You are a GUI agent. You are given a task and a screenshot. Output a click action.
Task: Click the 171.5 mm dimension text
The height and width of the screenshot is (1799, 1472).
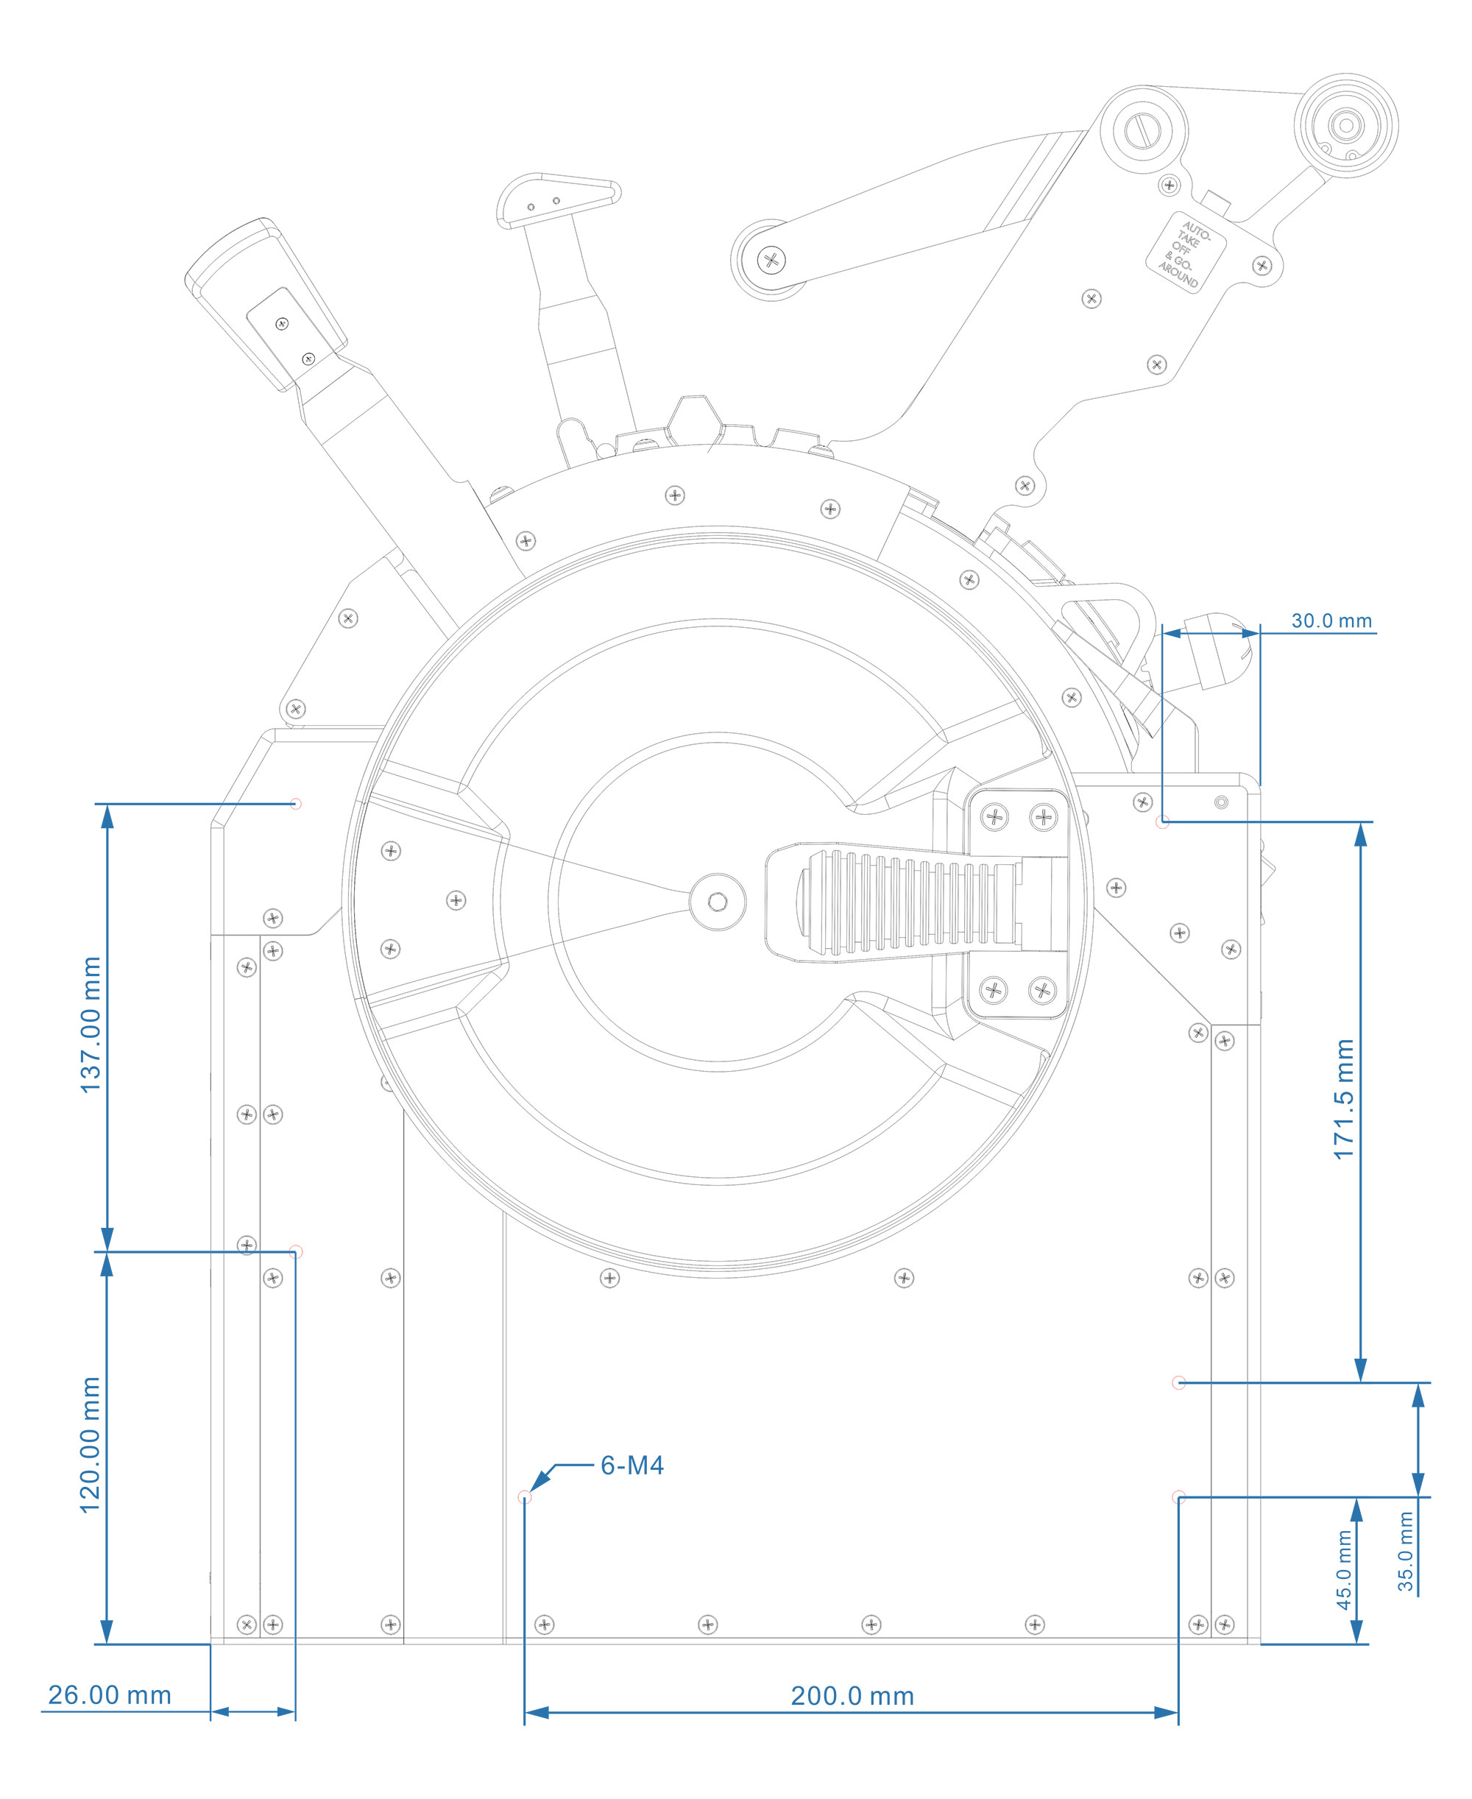1344,1099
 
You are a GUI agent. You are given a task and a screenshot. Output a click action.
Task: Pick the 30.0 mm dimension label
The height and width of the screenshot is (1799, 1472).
1331,621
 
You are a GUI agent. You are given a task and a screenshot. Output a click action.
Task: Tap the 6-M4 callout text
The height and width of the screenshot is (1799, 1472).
631,1465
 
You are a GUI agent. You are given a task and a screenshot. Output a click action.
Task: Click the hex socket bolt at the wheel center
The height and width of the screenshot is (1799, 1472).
718,901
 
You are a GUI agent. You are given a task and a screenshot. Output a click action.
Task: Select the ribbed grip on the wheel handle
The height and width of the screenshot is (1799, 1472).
907,903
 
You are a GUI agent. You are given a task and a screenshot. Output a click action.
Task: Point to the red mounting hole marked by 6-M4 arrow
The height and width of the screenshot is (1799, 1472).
525,1497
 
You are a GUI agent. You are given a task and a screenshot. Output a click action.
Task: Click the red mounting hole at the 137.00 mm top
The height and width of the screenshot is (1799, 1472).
296,803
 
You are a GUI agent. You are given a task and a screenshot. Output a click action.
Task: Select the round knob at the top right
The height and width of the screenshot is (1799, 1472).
1345,125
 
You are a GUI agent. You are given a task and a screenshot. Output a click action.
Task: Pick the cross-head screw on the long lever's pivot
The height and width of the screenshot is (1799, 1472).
771,259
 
